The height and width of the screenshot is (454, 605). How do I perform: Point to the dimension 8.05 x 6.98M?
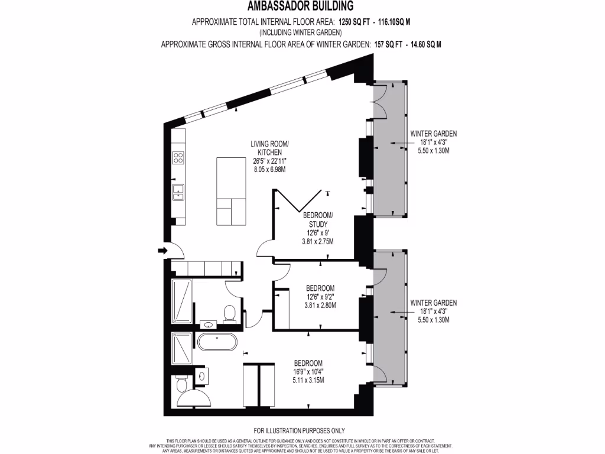pyautogui.click(x=269, y=170)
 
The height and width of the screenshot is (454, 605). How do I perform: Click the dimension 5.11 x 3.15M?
pyautogui.click(x=308, y=381)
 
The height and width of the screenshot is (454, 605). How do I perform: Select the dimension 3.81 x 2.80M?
pyautogui.click(x=320, y=306)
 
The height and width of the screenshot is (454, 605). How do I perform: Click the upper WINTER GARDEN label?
pyautogui.click(x=433, y=134)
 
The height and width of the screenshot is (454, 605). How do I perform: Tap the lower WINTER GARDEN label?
pyautogui.click(x=433, y=303)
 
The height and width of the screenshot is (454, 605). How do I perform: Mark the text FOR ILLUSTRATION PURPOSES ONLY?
pyautogui.click(x=299, y=430)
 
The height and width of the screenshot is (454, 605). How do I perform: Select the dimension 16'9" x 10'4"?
pyautogui.click(x=308, y=372)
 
